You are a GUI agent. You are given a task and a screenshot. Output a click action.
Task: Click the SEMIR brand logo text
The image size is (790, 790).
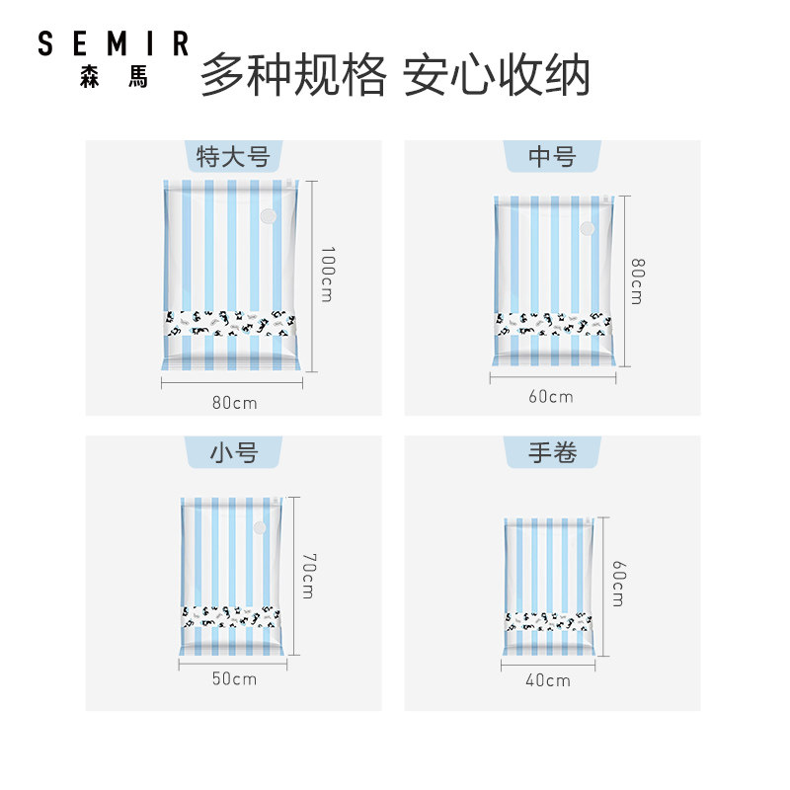(113, 44)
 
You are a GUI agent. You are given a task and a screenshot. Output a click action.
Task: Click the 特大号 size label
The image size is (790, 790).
(233, 157)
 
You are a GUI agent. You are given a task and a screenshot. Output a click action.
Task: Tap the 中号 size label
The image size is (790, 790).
(552, 157)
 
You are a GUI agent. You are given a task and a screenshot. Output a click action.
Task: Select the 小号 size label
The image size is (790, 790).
(233, 453)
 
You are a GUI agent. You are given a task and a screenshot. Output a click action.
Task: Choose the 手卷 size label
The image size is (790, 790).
(552, 453)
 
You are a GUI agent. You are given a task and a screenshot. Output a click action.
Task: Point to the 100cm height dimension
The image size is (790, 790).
(327, 274)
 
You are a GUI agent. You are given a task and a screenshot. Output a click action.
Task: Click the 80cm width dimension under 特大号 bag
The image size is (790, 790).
(233, 403)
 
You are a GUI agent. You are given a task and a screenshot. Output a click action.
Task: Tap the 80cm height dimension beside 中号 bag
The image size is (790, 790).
(637, 280)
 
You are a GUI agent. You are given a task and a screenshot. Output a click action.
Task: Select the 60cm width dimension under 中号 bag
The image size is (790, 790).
(550, 397)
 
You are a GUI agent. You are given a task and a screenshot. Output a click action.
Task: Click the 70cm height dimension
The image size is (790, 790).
(307, 576)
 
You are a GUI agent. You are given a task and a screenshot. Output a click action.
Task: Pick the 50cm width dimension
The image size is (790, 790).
(233, 678)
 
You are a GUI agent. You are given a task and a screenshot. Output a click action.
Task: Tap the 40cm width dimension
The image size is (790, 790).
(547, 680)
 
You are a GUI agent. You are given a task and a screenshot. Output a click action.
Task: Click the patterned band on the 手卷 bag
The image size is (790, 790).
(546, 622)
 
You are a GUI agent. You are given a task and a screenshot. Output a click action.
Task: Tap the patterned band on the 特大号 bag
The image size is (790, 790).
(229, 322)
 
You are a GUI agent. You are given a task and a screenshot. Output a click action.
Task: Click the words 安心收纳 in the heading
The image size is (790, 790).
(497, 75)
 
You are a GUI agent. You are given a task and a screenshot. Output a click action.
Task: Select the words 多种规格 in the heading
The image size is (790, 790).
(293, 75)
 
